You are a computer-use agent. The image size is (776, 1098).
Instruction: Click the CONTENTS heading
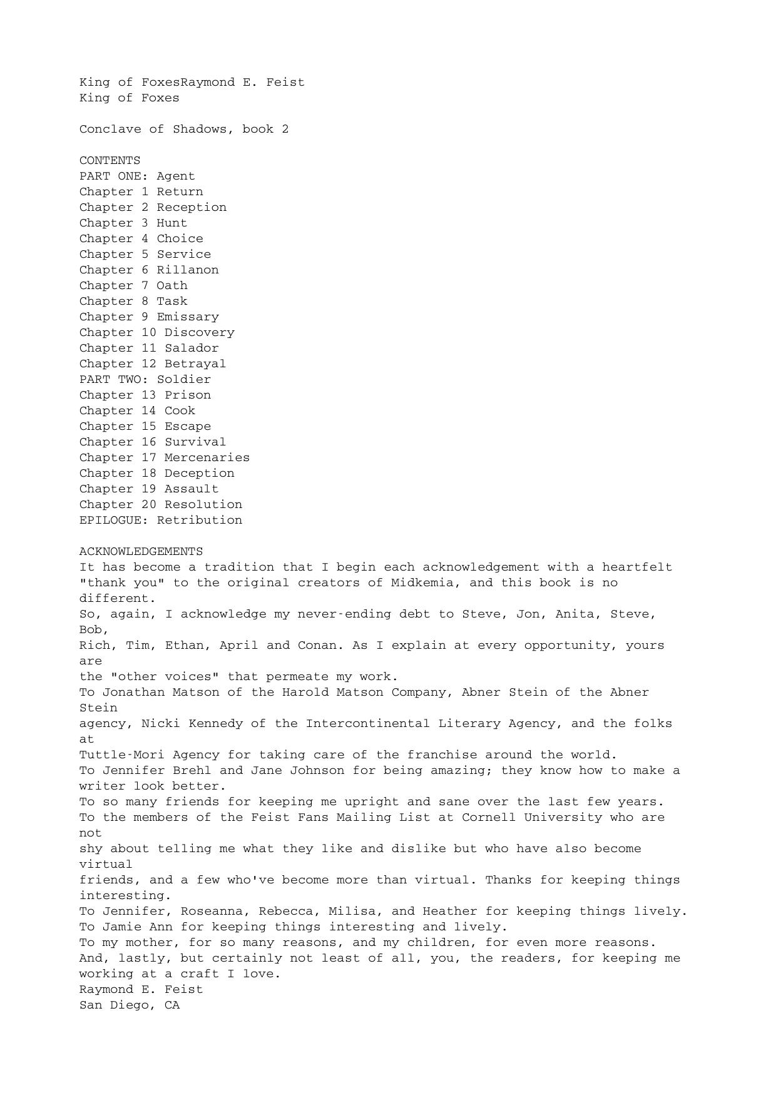110,161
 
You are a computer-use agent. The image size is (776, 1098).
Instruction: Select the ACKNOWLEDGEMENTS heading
141,552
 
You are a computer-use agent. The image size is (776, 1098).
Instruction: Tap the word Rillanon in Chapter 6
188,270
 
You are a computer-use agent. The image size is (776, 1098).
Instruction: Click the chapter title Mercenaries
207,458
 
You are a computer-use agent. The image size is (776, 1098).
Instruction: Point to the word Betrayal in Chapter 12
195,364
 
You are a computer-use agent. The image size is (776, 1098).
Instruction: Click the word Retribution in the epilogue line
199,521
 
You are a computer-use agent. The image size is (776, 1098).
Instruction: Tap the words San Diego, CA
130,1005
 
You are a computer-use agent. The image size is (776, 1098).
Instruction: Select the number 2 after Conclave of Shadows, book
285,130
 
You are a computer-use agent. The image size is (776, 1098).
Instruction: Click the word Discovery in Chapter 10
199,333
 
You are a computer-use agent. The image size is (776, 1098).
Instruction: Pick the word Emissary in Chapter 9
188,317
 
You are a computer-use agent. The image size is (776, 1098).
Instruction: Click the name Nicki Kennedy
191,724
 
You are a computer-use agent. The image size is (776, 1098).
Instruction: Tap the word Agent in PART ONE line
176,176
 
